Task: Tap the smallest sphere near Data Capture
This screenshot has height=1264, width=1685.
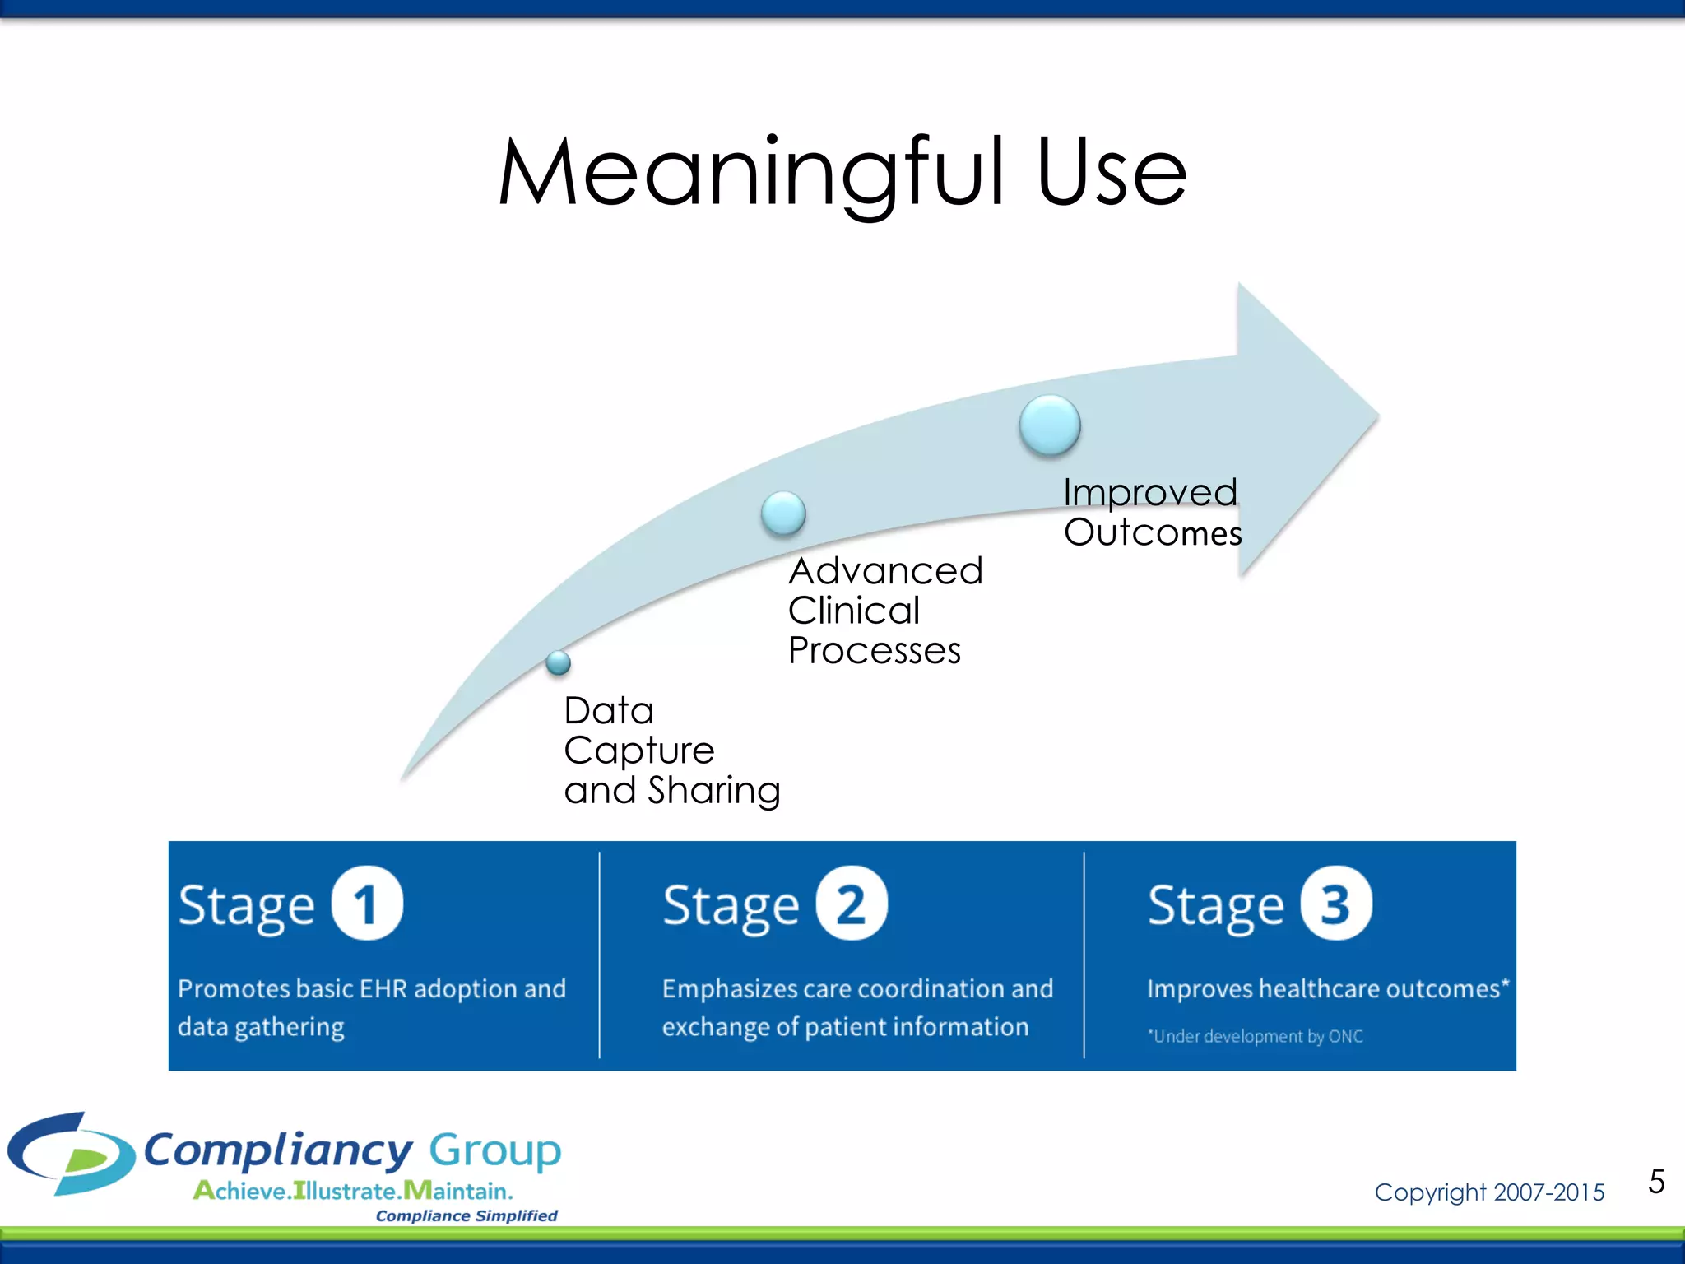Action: [558, 662]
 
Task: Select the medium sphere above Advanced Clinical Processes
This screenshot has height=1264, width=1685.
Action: [783, 513]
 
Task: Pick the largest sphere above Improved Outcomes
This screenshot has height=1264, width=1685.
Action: [1049, 425]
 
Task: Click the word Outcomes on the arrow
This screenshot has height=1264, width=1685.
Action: [1152, 533]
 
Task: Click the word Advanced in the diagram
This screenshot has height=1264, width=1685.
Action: [885, 571]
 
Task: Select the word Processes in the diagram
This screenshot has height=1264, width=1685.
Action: [874, 651]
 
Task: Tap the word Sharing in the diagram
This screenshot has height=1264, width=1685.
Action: [713, 791]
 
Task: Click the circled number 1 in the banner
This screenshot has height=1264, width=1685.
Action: [367, 904]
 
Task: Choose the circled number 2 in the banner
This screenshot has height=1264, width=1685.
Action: [852, 904]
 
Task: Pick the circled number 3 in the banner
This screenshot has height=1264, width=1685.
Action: [1335, 904]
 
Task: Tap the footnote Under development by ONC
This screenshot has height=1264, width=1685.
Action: [1256, 1036]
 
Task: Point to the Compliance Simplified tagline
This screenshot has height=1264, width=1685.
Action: [467, 1215]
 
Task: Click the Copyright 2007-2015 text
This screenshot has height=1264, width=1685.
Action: [1489, 1192]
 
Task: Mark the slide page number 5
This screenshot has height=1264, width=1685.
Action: [1656, 1182]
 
